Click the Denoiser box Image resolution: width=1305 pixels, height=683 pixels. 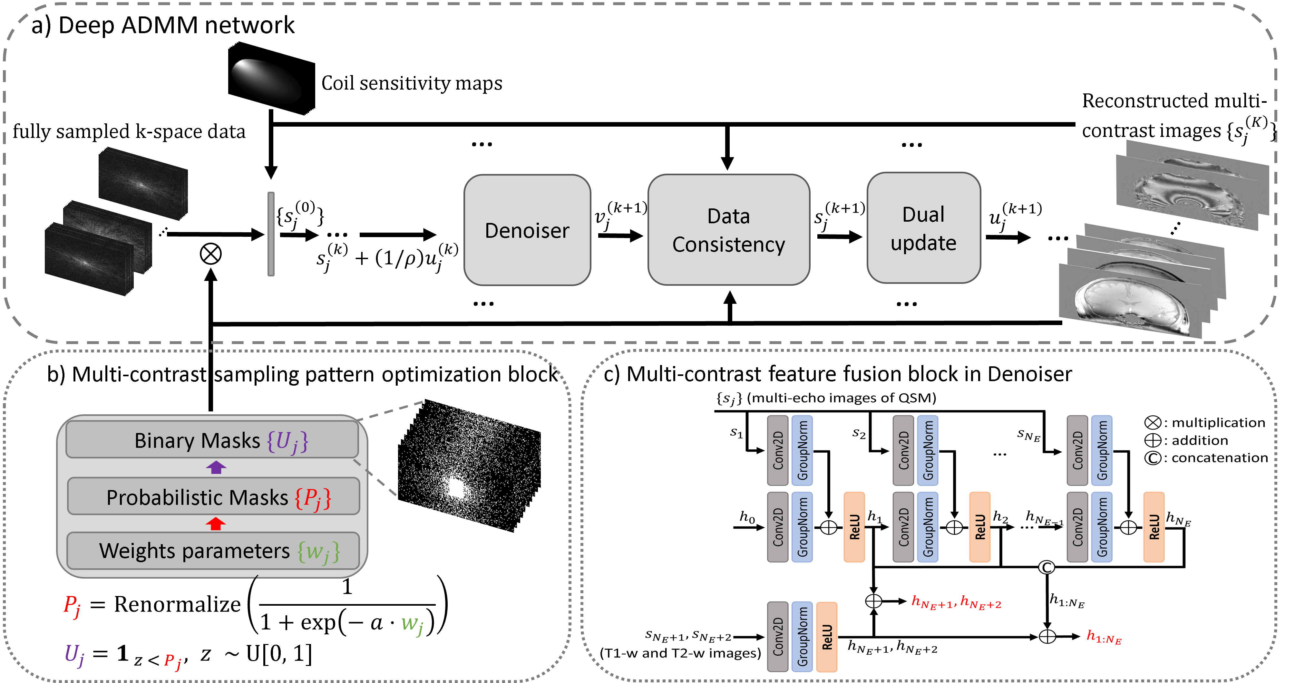click(527, 230)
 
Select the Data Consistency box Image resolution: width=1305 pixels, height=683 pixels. click(728, 230)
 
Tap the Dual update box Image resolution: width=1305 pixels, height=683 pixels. click(923, 228)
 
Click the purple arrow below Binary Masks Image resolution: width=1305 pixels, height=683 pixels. click(216, 467)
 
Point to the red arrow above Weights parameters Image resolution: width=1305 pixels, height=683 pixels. click(216, 524)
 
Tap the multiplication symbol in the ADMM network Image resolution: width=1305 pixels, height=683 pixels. click(211, 254)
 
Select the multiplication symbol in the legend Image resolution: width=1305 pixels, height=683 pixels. click(1153, 422)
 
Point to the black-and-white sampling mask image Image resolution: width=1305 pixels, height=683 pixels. click(469, 466)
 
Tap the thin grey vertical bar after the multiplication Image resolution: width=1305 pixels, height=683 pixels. click(271, 234)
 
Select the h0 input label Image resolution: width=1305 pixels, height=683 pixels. click(747, 517)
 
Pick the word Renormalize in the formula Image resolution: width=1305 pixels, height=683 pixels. click(177, 604)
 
